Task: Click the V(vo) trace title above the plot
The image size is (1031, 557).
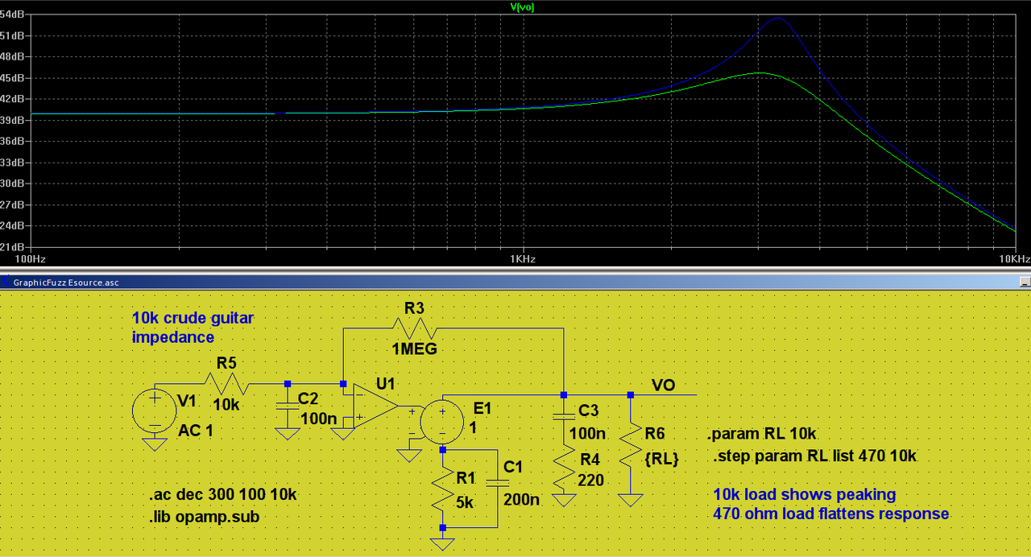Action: [522, 7]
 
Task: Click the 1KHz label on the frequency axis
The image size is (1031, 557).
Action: [522, 259]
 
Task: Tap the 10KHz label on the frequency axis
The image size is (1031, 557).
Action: [1013, 259]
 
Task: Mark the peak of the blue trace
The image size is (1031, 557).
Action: [777, 18]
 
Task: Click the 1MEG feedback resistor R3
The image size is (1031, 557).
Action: [413, 328]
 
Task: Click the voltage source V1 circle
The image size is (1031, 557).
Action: [154, 410]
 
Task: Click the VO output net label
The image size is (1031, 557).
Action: [663, 386]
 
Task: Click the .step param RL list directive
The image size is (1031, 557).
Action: [814, 456]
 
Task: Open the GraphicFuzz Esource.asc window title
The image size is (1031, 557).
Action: [66, 282]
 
